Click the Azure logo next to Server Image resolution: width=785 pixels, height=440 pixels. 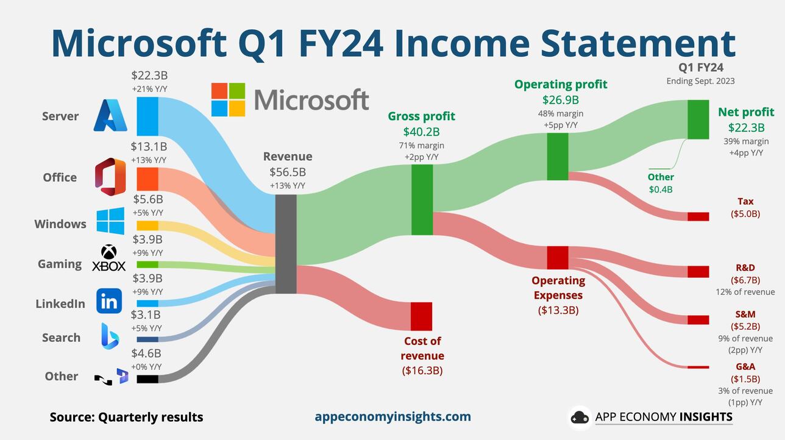(110, 116)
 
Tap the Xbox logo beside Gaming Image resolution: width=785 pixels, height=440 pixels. (108, 258)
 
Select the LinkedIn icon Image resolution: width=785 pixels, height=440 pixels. (109, 301)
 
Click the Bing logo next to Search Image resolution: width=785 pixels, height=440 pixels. (110, 336)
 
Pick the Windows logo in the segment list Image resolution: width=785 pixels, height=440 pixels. (110, 221)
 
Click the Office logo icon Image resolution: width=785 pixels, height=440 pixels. (110, 177)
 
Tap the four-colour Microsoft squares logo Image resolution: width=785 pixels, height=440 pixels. (228, 100)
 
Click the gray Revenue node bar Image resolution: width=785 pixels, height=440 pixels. (286, 244)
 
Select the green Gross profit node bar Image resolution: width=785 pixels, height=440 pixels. (422, 199)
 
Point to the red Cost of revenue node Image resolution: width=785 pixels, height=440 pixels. (421, 316)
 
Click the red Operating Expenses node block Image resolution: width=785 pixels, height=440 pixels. (557, 257)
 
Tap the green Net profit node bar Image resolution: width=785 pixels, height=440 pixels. (698, 119)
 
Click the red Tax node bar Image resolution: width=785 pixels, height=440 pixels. (698, 216)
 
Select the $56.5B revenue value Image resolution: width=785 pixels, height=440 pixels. (288, 172)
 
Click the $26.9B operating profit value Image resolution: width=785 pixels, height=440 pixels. (561, 99)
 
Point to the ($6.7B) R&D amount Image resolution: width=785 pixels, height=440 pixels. (745, 280)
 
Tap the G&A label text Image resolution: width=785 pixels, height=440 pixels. (745, 366)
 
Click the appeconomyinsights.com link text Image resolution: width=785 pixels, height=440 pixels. (392, 417)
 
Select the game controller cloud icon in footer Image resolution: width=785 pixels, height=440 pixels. (580, 417)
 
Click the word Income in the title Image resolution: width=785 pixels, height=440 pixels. (469, 43)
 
